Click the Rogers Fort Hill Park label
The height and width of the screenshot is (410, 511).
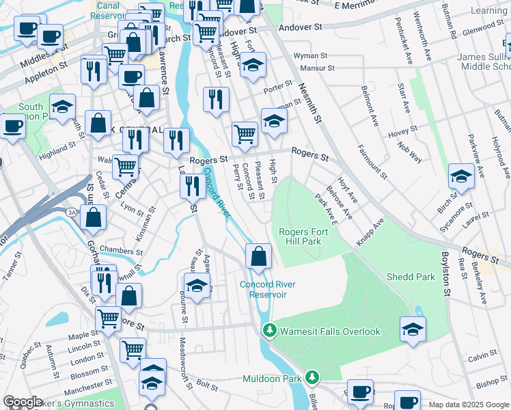[x=303, y=236]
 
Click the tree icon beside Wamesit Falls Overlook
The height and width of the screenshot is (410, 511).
[x=270, y=331]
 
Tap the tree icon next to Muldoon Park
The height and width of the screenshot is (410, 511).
[x=312, y=377]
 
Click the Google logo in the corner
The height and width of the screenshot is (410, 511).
[x=23, y=402]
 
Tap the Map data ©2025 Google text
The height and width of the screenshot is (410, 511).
[x=469, y=405]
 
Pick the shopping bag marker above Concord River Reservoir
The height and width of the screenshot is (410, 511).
[x=259, y=257]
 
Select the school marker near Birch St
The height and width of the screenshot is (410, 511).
[x=461, y=176]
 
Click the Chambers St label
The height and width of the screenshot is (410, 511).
[x=120, y=251]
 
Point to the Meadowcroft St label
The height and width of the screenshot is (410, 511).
[x=182, y=358]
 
